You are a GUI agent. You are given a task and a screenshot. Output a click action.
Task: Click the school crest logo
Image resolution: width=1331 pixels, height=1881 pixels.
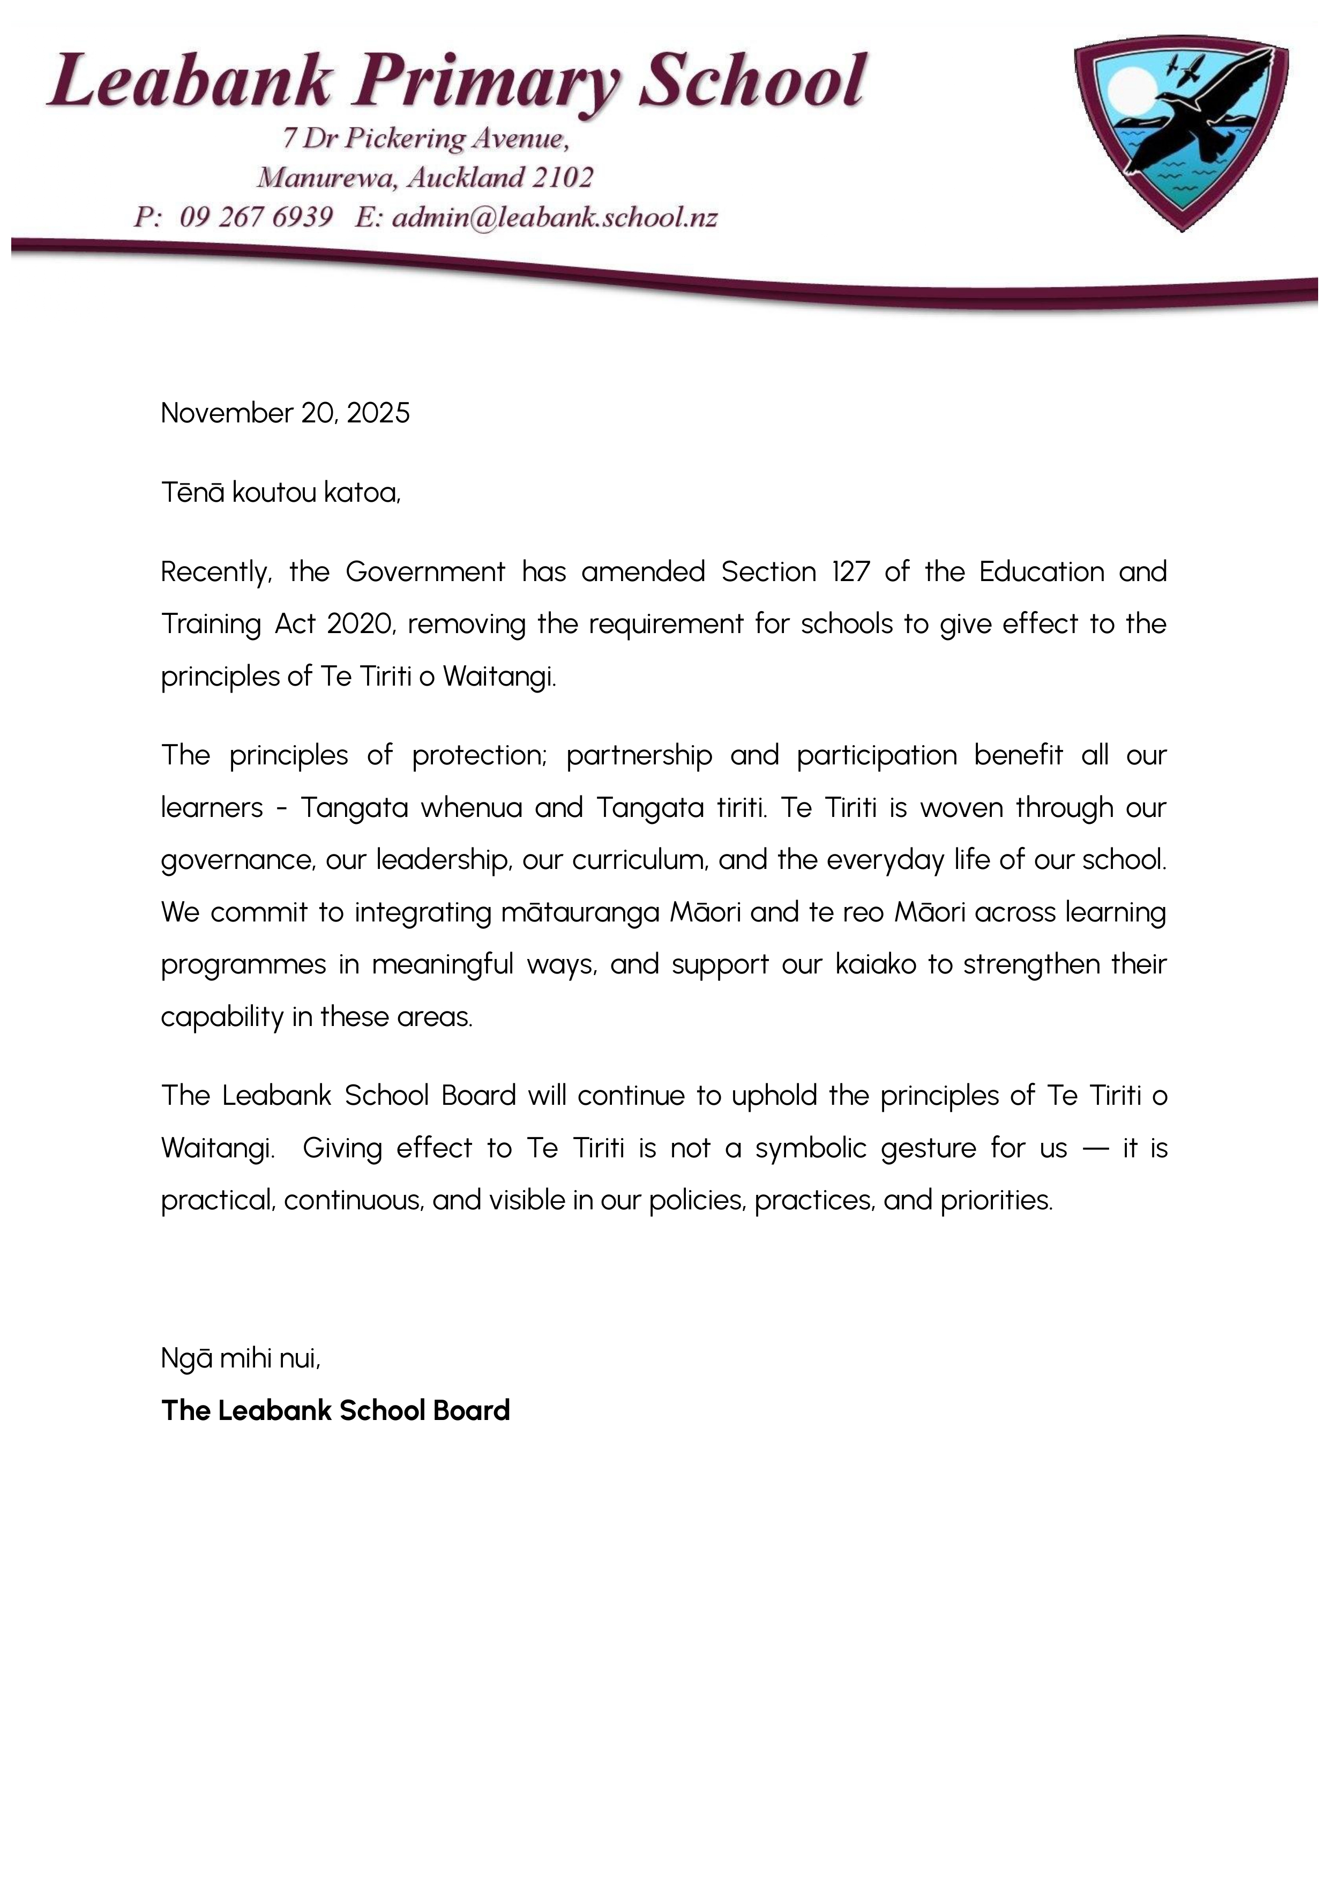pos(1180,131)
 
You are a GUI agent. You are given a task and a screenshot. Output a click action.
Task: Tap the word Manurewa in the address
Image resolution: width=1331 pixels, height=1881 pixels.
pos(325,177)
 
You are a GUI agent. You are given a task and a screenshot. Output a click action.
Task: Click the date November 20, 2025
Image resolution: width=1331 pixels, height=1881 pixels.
pos(285,412)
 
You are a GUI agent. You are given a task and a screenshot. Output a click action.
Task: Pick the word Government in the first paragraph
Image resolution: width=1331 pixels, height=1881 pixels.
pos(425,571)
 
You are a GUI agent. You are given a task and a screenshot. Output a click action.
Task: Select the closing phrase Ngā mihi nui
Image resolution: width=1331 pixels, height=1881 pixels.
pos(240,1359)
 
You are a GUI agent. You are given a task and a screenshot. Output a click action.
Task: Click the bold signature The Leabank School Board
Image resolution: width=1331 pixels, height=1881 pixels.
pos(335,1410)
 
